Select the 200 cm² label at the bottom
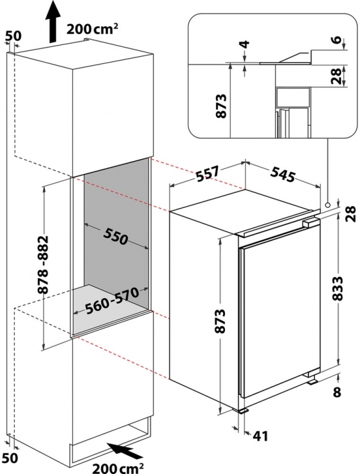coord(118,467)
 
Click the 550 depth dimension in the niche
coord(116,236)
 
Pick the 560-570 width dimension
coord(112,300)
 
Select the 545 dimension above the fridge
coord(282,174)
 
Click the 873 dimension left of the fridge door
coord(221,321)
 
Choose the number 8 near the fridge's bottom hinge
coord(337,392)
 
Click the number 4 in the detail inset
coord(246,44)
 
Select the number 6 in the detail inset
coord(338,40)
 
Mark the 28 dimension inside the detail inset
coord(337,76)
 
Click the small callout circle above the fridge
coord(327,204)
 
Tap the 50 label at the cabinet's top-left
coord(14,36)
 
